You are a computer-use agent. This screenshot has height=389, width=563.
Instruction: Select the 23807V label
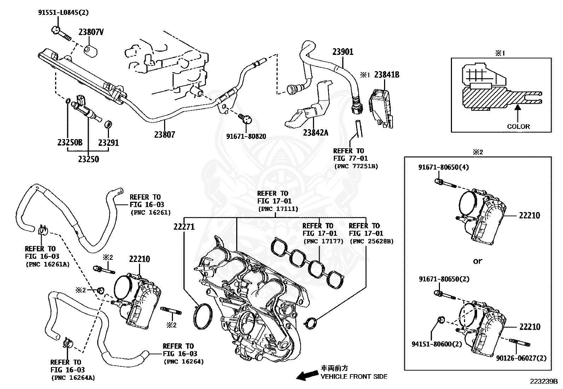[91, 32]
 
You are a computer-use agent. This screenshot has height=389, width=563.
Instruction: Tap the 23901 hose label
[343, 52]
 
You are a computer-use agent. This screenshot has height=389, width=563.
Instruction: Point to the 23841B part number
[387, 75]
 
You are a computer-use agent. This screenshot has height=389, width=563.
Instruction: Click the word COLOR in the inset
[518, 126]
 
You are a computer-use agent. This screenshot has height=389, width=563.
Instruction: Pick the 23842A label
[315, 133]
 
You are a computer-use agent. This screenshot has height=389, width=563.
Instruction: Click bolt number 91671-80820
[246, 136]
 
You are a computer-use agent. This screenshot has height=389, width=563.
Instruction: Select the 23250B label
[70, 143]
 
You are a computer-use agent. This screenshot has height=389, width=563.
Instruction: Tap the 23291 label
[109, 143]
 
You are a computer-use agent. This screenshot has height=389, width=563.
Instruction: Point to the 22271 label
[184, 227]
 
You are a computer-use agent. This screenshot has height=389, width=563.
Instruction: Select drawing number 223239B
[544, 382]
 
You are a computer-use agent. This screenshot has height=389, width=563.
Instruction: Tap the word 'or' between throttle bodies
[477, 261]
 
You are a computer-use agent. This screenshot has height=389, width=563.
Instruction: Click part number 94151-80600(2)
[437, 344]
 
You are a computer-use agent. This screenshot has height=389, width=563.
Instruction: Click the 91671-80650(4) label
[444, 167]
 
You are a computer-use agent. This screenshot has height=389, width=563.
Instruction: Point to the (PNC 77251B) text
[356, 166]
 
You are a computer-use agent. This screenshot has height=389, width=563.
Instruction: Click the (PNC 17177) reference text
[323, 241]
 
